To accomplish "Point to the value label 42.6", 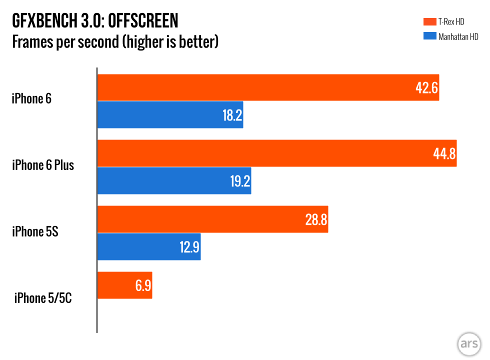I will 426,88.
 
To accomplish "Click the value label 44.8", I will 444,153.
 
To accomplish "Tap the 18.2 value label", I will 232,115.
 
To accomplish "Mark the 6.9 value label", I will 142,286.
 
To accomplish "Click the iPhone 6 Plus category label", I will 43,165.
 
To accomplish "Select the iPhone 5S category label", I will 35,231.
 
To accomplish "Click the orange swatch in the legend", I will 429,21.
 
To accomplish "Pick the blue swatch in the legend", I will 429,36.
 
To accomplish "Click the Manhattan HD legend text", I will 458,36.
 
